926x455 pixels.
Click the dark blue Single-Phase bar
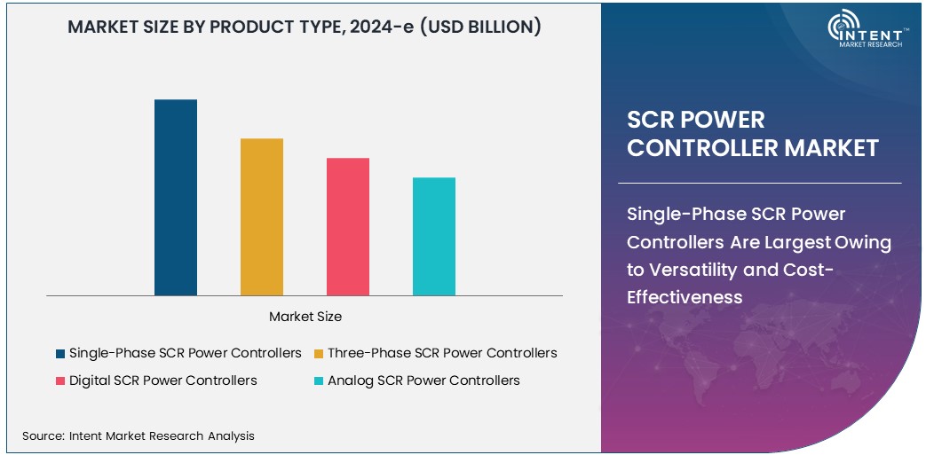176,197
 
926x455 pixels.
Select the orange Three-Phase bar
262,216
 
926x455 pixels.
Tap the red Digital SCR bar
348,226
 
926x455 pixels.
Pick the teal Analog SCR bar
434,236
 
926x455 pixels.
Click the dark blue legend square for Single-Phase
59,353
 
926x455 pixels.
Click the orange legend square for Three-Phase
319,353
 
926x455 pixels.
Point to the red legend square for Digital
59,380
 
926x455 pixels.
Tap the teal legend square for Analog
319,380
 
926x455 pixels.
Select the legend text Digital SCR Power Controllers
163,380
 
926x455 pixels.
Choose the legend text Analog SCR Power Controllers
423,380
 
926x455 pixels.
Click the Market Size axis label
305,317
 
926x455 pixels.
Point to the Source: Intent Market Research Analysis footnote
139,435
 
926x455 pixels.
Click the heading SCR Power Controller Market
753,134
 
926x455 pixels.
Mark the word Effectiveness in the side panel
685,297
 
